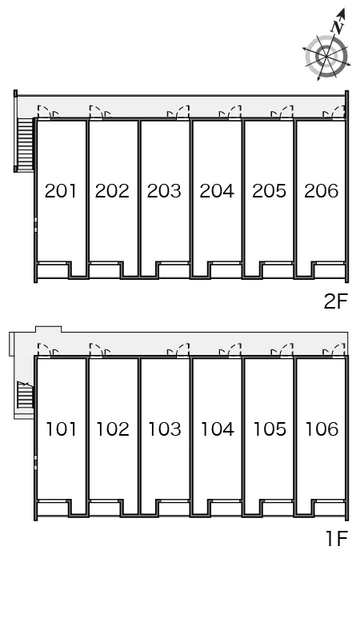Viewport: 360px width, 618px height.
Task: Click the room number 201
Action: tap(60, 191)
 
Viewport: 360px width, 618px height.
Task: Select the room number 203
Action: tap(164, 191)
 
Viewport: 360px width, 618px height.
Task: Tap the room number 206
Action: tap(322, 191)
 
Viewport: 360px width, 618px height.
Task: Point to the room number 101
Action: tap(61, 429)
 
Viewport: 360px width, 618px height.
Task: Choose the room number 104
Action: tap(218, 429)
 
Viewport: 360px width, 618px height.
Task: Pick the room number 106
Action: tap(322, 429)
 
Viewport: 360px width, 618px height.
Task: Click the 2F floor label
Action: tap(336, 301)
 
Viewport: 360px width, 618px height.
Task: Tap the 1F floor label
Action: tap(337, 538)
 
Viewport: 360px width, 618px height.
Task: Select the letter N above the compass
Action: tap(338, 27)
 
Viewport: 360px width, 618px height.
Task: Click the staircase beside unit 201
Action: tap(25, 144)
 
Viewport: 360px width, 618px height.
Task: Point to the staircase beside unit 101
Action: tap(26, 396)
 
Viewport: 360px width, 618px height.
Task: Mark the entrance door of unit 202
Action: tap(98, 112)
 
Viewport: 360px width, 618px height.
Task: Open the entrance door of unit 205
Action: tap(285, 112)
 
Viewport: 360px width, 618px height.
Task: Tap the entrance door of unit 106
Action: tap(337, 350)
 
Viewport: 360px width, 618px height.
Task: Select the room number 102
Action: tap(113, 429)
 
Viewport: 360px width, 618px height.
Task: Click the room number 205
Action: tap(270, 191)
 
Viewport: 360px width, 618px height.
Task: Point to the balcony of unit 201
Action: tap(53, 270)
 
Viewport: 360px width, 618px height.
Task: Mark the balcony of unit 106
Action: tap(330, 508)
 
